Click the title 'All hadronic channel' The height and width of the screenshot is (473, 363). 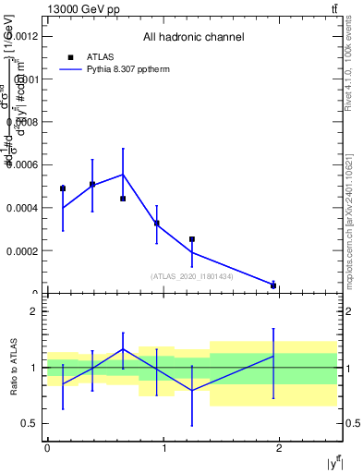(x=193, y=38)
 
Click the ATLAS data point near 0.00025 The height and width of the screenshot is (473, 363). (x=192, y=239)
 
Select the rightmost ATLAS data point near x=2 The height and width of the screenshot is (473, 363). (x=273, y=285)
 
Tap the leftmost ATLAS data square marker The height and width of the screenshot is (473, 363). (x=63, y=188)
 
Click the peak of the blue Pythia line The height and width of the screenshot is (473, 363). (x=123, y=175)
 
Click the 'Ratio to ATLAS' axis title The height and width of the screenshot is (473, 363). (x=14, y=368)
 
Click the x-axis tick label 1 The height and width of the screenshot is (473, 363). (x=163, y=448)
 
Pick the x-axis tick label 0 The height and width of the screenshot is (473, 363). (x=47, y=448)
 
